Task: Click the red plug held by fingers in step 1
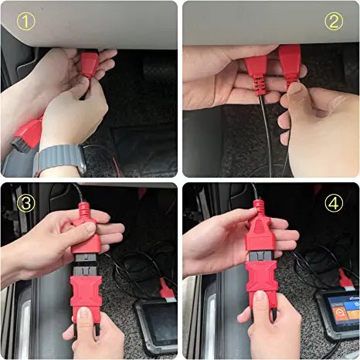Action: click(90, 64)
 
